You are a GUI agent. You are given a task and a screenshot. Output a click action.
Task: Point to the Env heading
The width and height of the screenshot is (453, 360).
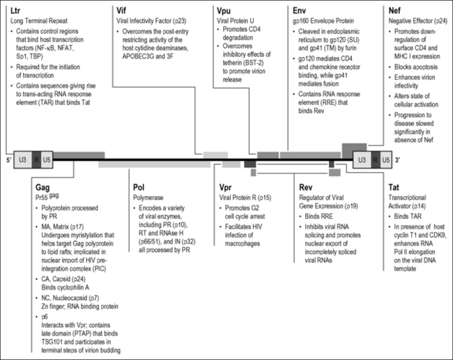pyautogui.click(x=302, y=10)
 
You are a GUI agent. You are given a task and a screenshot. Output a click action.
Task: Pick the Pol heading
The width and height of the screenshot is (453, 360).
pyautogui.click(x=139, y=187)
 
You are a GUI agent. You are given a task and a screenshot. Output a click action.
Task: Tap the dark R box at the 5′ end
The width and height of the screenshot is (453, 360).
pyautogui.click(x=37, y=159)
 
